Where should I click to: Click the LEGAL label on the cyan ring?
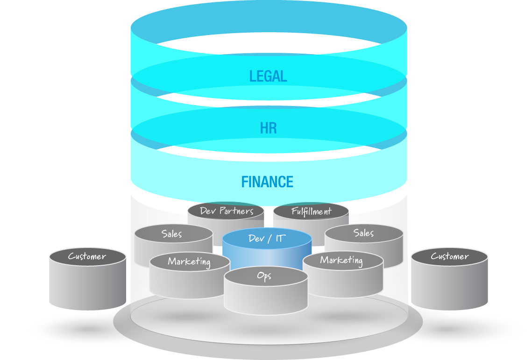point(268,76)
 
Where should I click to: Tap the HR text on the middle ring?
point(269,128)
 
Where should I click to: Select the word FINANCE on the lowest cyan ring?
point(267,182)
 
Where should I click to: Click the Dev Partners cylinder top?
point(226,211)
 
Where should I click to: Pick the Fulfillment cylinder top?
point(311,212)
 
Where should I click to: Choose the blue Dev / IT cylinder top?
point(267,239)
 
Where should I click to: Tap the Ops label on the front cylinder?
point(264,275)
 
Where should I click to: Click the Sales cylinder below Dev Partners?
point(172,234)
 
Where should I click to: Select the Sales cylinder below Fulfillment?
point(363,233)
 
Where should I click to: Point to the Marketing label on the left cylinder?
point(189,261)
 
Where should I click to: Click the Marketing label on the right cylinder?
point(341,260)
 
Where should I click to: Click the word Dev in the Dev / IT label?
point(256,239)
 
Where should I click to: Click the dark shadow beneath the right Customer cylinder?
point(449,329)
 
